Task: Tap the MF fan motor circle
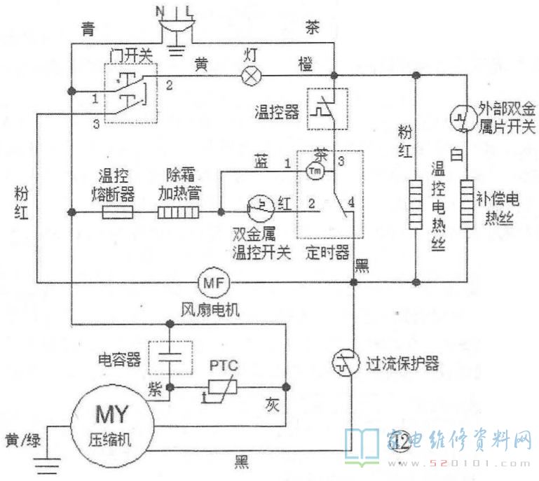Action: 212,282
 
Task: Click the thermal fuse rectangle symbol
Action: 118,211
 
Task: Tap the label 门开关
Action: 132,54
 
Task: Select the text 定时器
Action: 328,253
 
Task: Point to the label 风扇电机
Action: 211,309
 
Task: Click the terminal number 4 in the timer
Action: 350,204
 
